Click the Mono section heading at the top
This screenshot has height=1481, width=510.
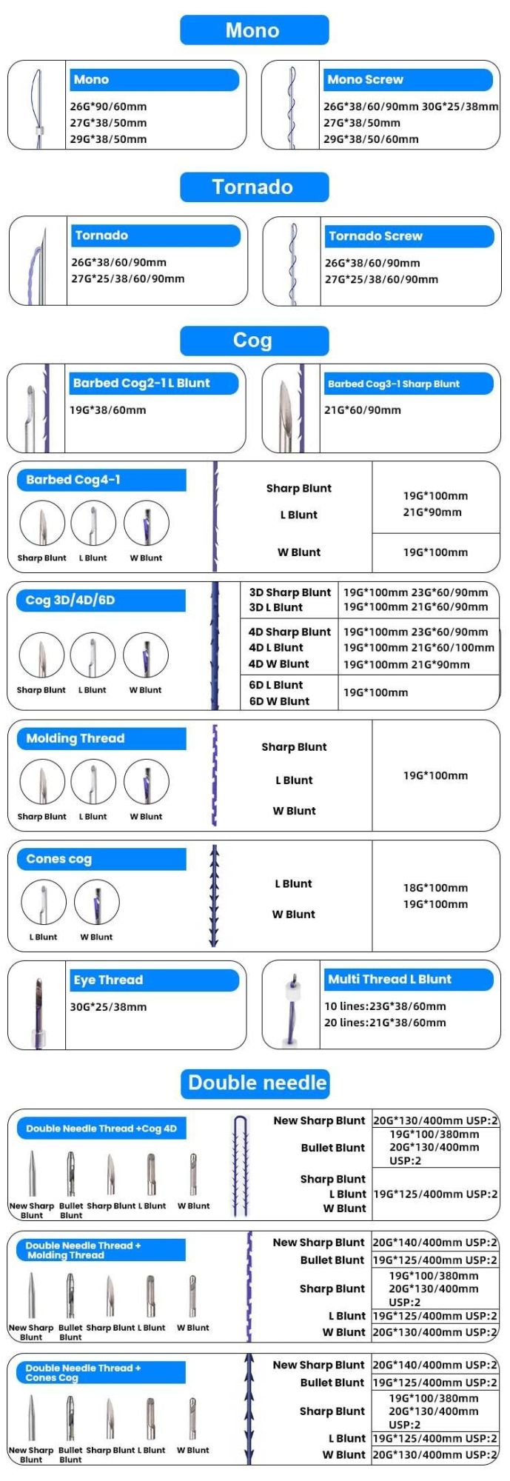(254, 30)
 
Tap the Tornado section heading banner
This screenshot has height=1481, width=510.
(254, 187)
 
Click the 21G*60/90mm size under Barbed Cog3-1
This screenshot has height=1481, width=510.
(363, 410)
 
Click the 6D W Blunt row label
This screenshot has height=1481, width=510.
(279, 701)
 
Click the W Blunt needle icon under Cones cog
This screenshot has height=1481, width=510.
(97, 902)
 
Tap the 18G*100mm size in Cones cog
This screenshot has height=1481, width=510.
(435, 888)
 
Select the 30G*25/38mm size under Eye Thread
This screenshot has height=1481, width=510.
(109, 1007)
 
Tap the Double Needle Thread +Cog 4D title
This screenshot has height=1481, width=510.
(101, 1129)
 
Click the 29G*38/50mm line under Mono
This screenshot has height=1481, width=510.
(109, 139)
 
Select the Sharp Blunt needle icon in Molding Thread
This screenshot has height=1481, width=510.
(42, 782)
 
